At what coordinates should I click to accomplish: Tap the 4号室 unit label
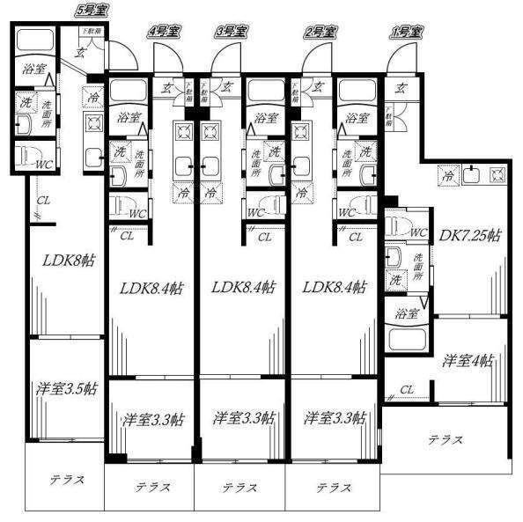[x=165, y=32]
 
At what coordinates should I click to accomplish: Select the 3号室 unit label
[x=232, y=32]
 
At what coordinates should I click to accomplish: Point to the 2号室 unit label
[x=320, y=32]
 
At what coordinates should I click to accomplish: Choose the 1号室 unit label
[x=406, y=32]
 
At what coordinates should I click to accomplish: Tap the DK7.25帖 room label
[x=470, y=236]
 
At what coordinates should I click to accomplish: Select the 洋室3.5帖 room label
[x=66, y=387]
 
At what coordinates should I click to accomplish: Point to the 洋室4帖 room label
[x=468, y=360]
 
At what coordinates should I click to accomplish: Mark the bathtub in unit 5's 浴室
[x=35, y=40]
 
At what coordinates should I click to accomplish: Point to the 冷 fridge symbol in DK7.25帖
[x=448, y=176]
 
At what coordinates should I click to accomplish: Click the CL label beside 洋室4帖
[x=407, y=389]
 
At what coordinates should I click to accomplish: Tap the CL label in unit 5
[x=43, y=201]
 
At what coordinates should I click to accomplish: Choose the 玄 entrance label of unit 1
[x=401, y=87]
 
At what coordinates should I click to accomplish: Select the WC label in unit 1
[x=418, y=233]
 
